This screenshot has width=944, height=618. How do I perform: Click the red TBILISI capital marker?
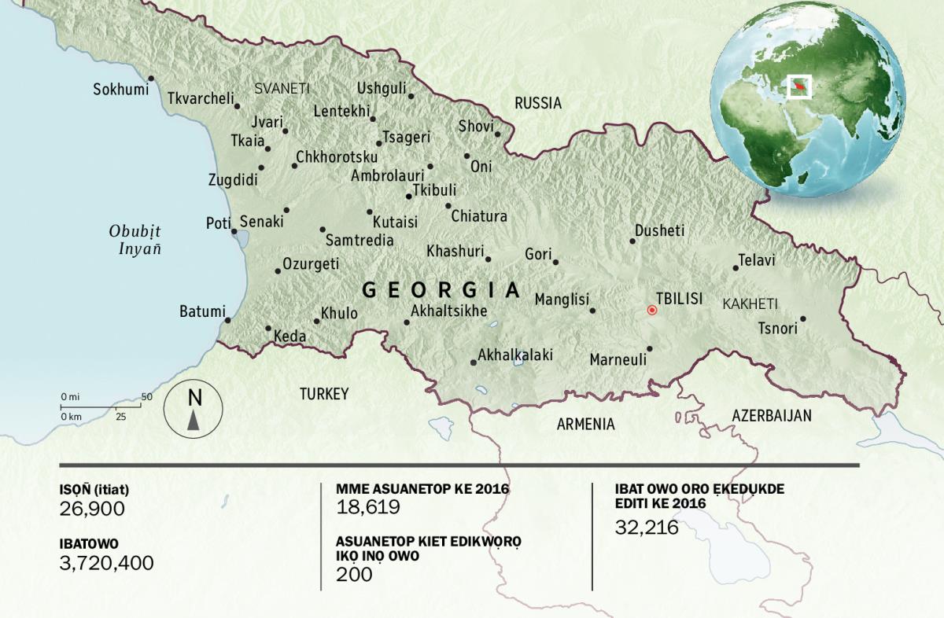click(651, 310)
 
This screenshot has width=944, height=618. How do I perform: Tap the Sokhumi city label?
click(120, 89)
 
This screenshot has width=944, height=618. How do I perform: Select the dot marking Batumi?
click(227, 320)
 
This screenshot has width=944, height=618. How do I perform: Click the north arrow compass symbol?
click(194, 410)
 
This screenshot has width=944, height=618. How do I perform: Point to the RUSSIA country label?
click(538, 103)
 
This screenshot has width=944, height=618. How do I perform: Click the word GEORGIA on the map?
click(441, 290)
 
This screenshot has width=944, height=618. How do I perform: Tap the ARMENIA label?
click(585, 425)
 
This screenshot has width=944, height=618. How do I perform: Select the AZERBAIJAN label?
click(771, 416)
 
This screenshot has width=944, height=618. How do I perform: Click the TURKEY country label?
click(323, 394)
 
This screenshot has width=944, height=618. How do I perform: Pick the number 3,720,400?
click(107, 563)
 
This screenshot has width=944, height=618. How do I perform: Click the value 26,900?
click(92, 509)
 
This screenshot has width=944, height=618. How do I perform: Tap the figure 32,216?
click(647, 528)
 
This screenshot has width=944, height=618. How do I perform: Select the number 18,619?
click(368, 508)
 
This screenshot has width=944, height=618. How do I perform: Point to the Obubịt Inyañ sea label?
click(135, 240)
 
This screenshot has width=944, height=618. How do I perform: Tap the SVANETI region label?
click(282, 89)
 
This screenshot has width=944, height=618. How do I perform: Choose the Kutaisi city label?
click(395, 223)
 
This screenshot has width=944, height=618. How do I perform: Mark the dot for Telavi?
click(736, 268)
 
